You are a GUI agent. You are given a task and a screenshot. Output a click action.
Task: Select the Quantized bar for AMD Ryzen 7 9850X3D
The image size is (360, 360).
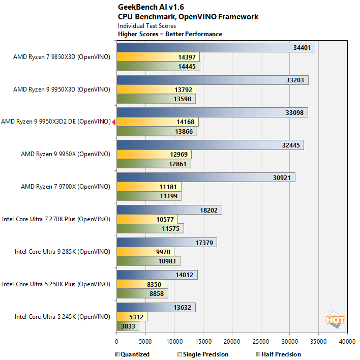216,48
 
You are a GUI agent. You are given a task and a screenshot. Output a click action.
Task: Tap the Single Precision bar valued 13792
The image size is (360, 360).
156,90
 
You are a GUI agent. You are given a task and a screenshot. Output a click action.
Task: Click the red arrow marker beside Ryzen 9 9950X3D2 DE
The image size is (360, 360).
114,122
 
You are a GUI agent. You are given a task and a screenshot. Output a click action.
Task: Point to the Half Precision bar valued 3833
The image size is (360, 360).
128,326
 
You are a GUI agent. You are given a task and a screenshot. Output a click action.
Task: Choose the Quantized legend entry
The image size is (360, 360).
133,354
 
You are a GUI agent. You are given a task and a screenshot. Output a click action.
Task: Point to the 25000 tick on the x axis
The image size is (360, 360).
261,342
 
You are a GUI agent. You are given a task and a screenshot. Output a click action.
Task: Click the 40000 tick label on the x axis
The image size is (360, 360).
347,342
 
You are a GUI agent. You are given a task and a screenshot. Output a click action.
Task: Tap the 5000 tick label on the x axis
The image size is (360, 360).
145,342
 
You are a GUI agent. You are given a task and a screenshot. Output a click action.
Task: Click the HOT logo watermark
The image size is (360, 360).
336,319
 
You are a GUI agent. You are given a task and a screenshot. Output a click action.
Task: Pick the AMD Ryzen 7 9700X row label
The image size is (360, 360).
65,187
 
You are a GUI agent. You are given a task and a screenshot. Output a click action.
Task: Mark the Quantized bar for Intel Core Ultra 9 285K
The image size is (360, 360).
167,243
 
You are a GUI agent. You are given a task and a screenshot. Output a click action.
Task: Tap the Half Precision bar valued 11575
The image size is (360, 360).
150,229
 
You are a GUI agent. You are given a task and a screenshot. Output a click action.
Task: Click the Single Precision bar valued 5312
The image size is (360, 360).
132,317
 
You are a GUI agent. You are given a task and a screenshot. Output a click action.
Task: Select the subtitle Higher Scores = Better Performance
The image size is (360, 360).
170,34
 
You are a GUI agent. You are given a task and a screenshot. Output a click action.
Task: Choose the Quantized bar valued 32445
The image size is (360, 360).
210,145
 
